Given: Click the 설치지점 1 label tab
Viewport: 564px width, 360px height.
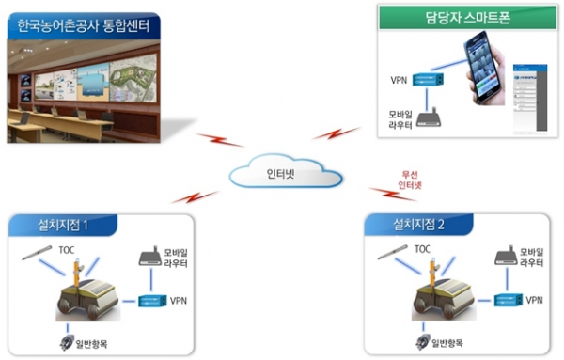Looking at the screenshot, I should [62, 225].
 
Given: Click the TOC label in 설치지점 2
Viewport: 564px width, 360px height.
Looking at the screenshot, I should [423, 249].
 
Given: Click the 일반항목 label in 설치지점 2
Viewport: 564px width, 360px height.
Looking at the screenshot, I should [452, 342].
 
